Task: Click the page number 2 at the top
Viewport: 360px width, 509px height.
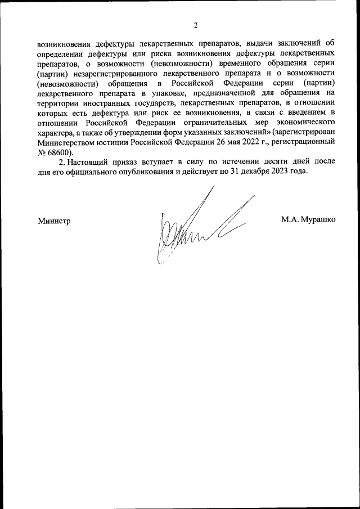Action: tap(195, 25)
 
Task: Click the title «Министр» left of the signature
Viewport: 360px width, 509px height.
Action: tap(55, 220)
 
